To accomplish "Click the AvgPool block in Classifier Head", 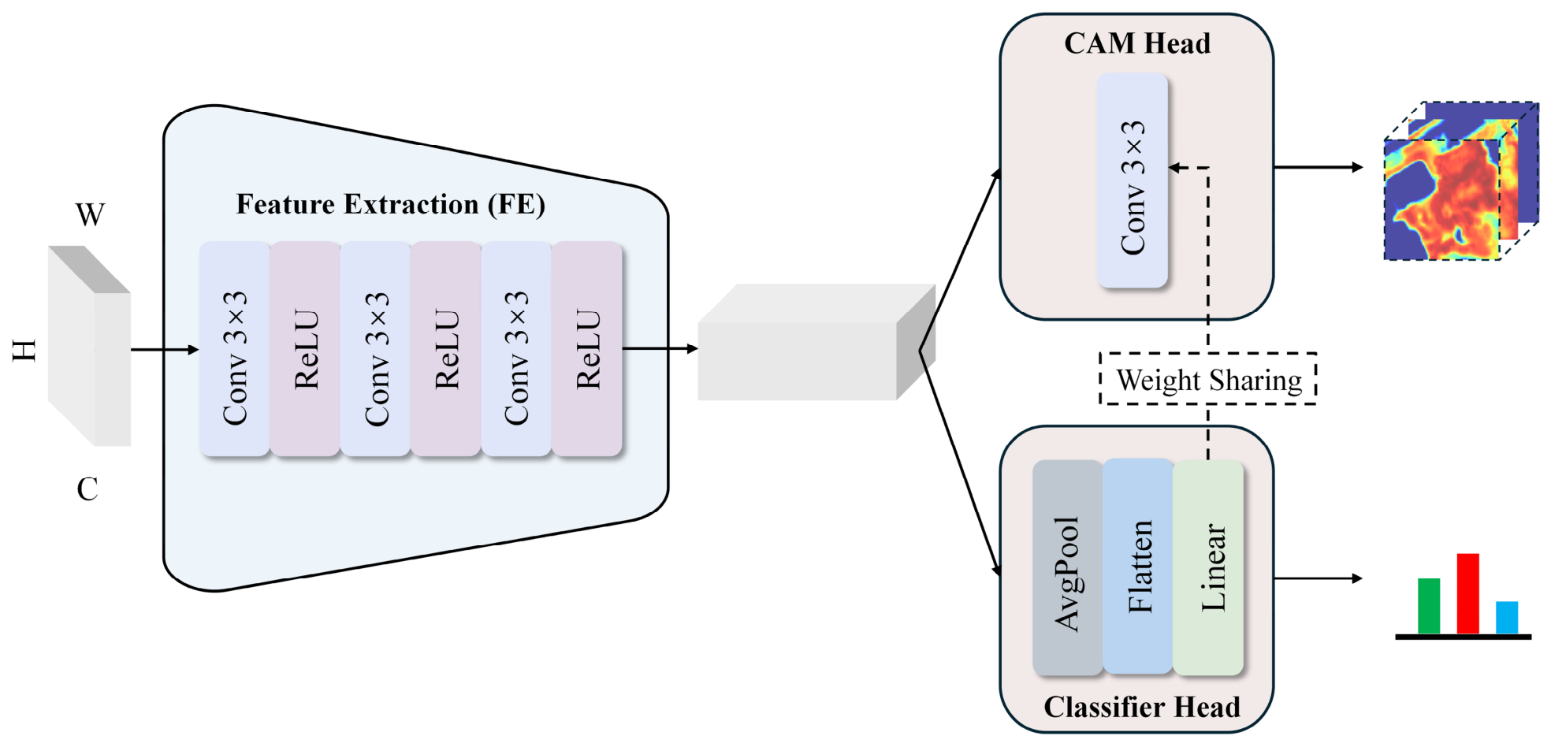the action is point(1067,568).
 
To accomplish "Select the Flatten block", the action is point(1138,567).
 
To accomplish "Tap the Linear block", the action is point(1208,568).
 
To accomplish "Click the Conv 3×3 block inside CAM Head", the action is point(1133,180).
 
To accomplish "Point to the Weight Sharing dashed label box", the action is point(1208,379).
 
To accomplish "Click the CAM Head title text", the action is point(1137,43).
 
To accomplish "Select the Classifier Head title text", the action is point(1142,707).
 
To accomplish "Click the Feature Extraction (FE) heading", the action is point(391,205).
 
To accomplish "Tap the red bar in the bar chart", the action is point(1467,593).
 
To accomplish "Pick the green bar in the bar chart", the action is point(1429,606).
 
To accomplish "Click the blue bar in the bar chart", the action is point(1507,618).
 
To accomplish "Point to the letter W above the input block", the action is point(90,214).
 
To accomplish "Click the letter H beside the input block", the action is point(24,350).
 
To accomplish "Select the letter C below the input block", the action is point(87,489).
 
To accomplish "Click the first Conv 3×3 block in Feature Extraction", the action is point(235,349).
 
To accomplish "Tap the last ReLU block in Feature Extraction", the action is point(587,349).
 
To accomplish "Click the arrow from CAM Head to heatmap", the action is point(1319,167).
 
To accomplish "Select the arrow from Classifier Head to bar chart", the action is point(1319,578).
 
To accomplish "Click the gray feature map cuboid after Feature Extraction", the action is point(816,343).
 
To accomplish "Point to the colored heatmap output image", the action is point(1461,181).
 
